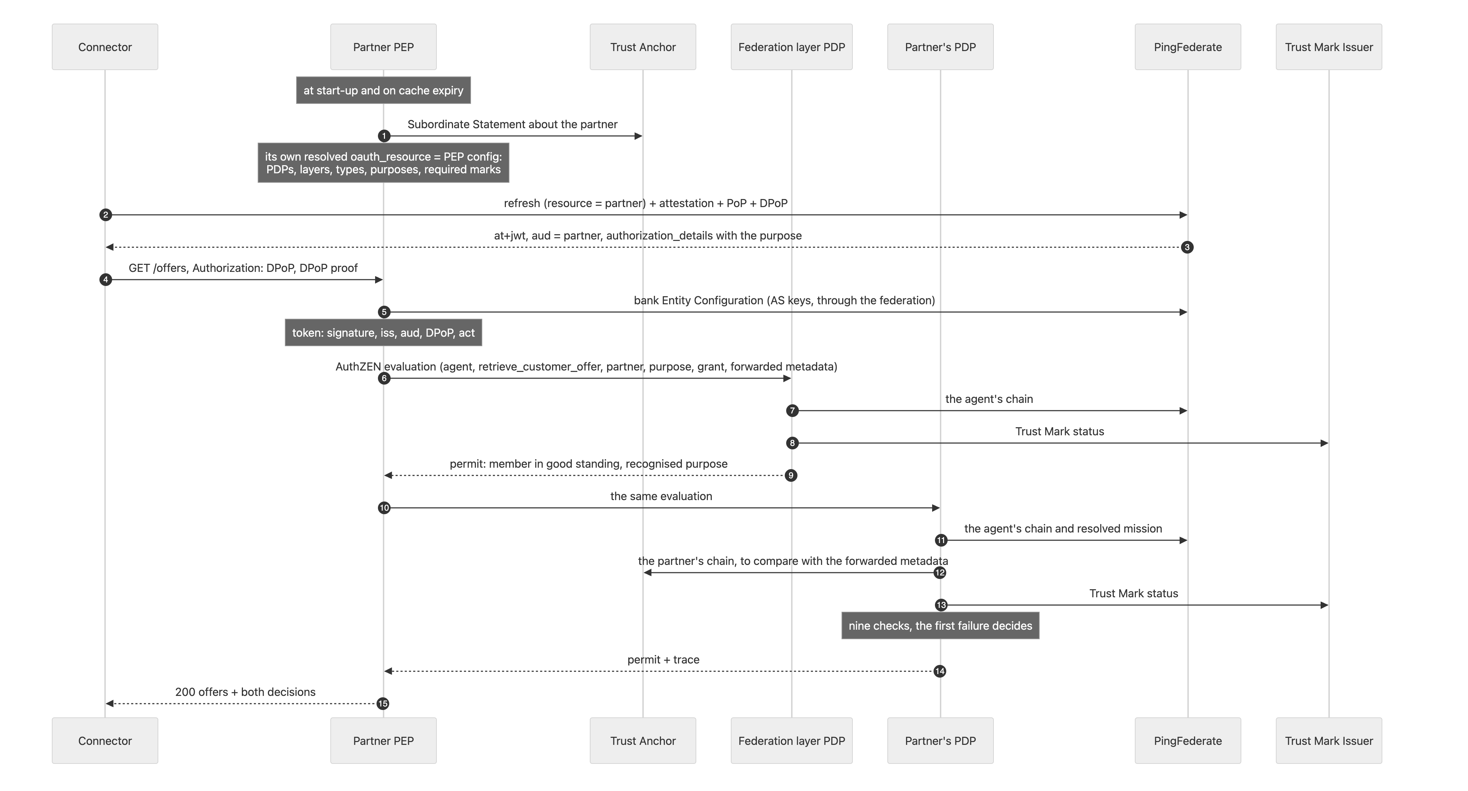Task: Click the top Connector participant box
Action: tap(105, 47)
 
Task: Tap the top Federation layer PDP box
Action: tap(791, 47)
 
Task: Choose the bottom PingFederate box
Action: tap(1188, 740)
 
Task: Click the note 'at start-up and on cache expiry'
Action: tap(384, 90)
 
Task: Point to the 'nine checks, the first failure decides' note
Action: tap(940, 625)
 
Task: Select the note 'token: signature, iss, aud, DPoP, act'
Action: tap(384, 332)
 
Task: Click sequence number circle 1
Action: tap(384, 136)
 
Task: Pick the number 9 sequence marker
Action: tap(791, 475)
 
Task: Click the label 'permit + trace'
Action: tap(663, 659)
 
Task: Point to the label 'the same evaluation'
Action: tap(661, 496)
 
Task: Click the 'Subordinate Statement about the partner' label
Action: tap(512, 124)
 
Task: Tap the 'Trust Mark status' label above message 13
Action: tap(1133, 593)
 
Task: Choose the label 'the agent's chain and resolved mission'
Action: tap(1063, 529)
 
